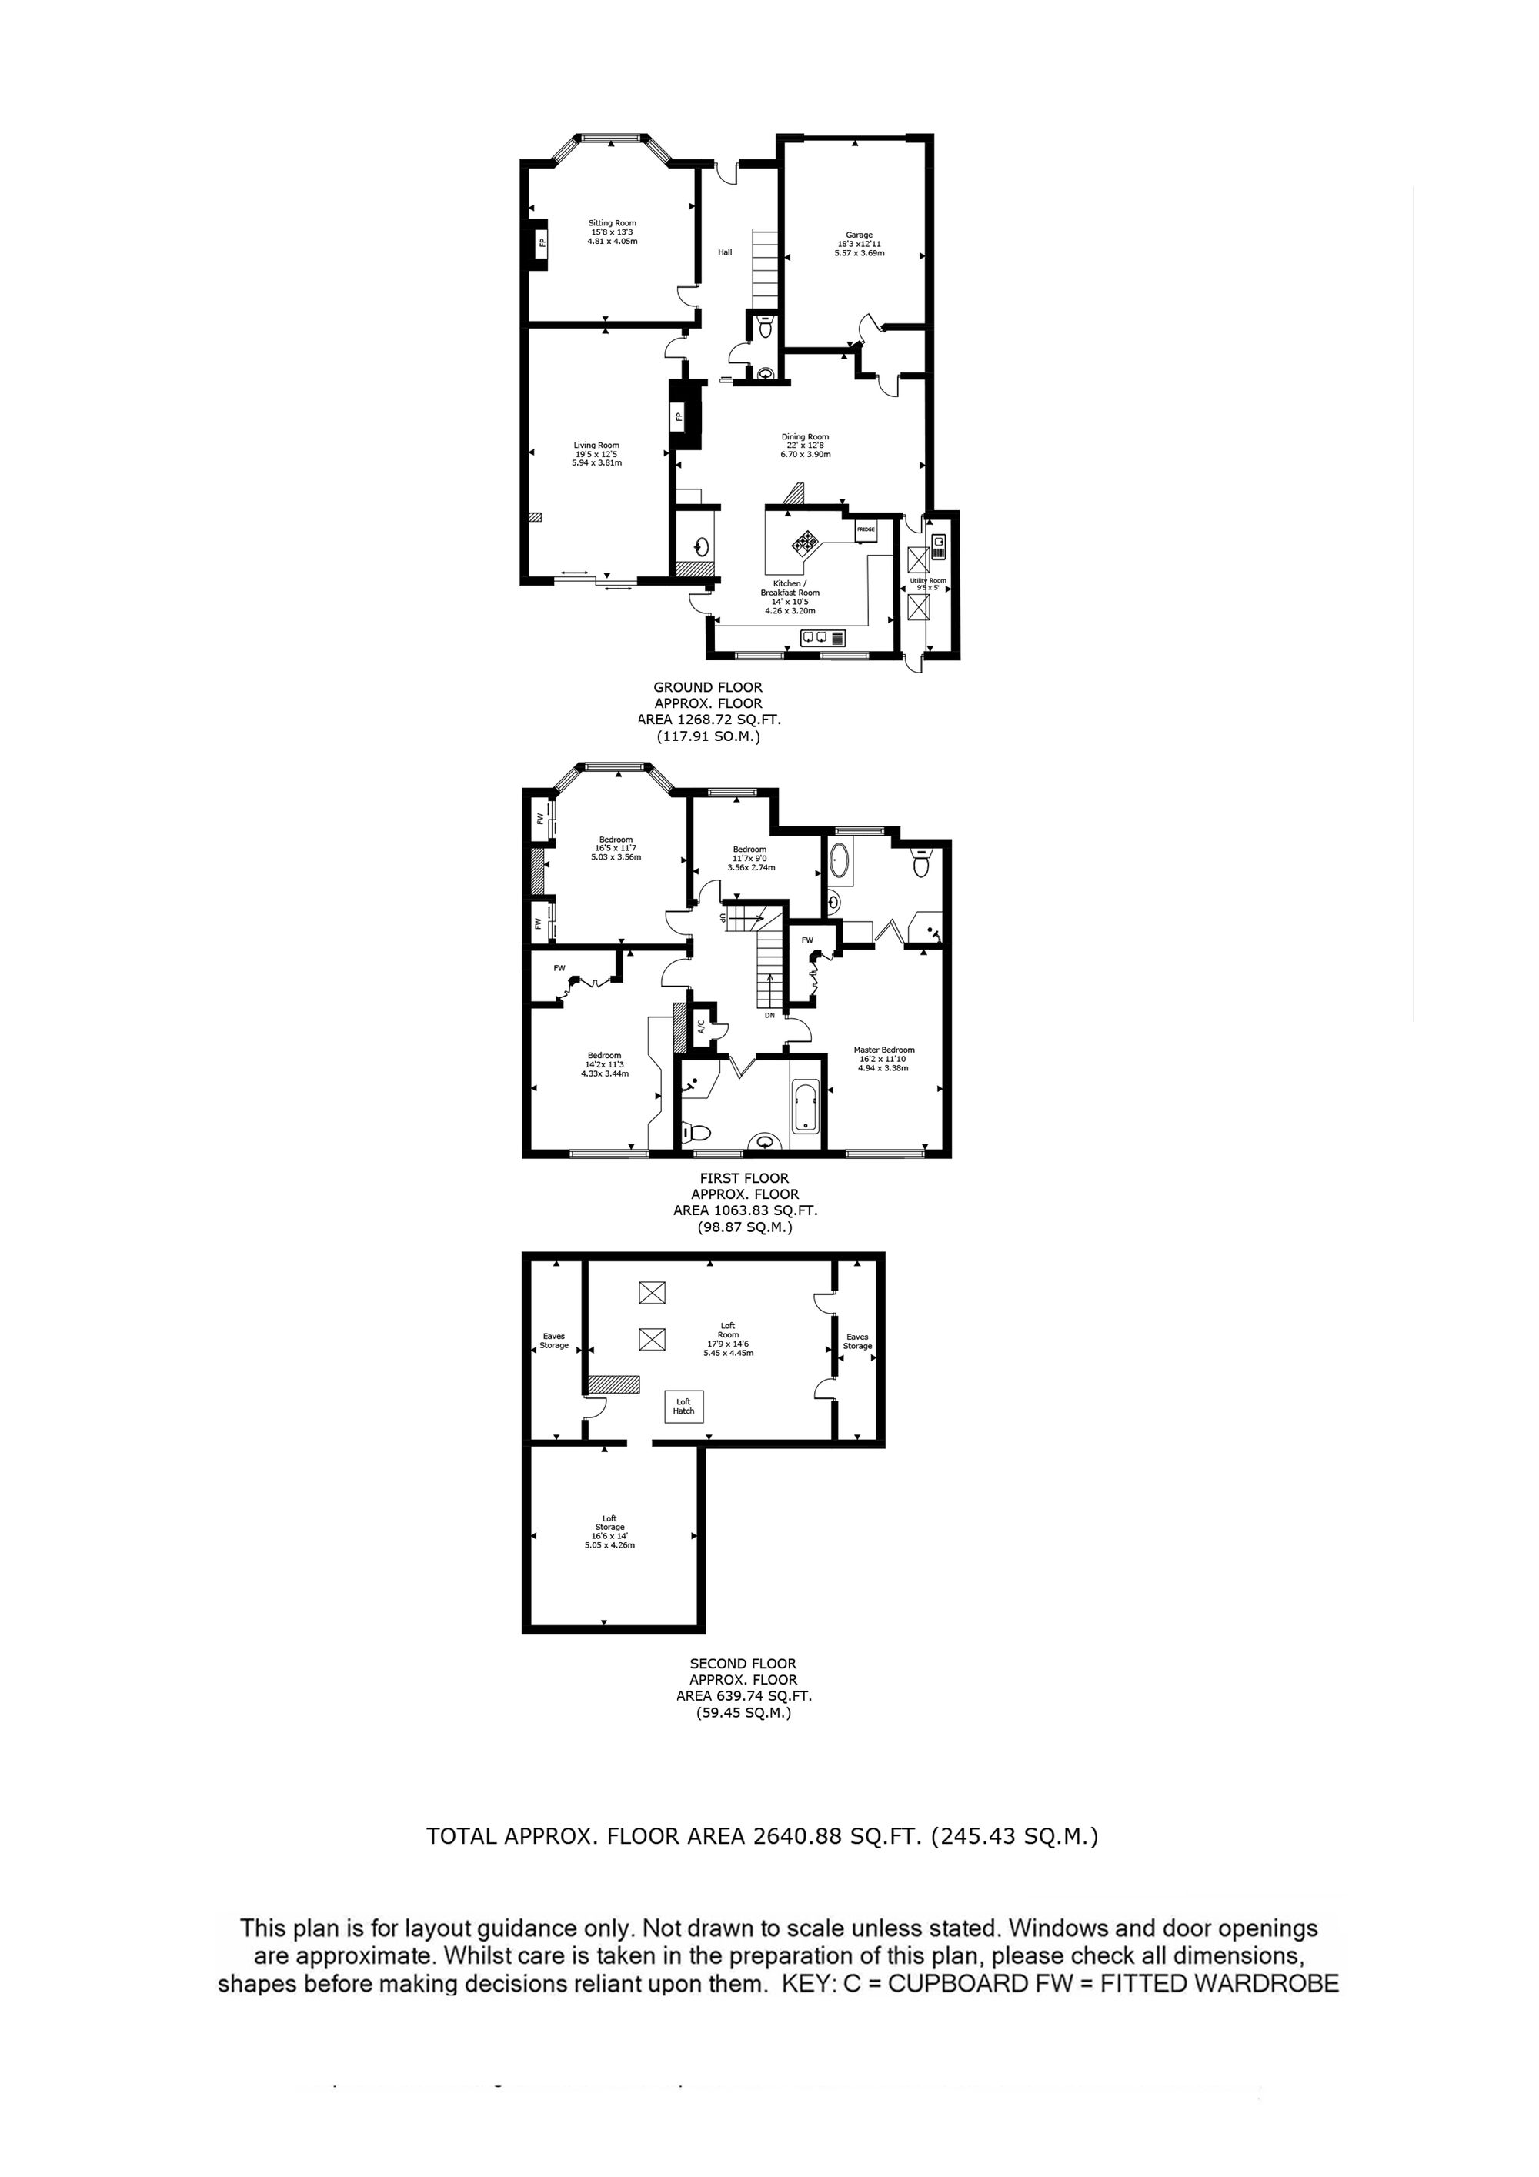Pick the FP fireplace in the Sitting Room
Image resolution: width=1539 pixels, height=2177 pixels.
pyautogui.click(x=540, y=244)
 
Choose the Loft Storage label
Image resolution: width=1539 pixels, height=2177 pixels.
pyautogui.click(x=609, y=1523)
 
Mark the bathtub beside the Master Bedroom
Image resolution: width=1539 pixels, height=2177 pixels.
pyautogui.click(x=805, y=1107)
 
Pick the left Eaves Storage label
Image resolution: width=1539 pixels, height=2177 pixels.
pyautogui.click(x=554, y=1341)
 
